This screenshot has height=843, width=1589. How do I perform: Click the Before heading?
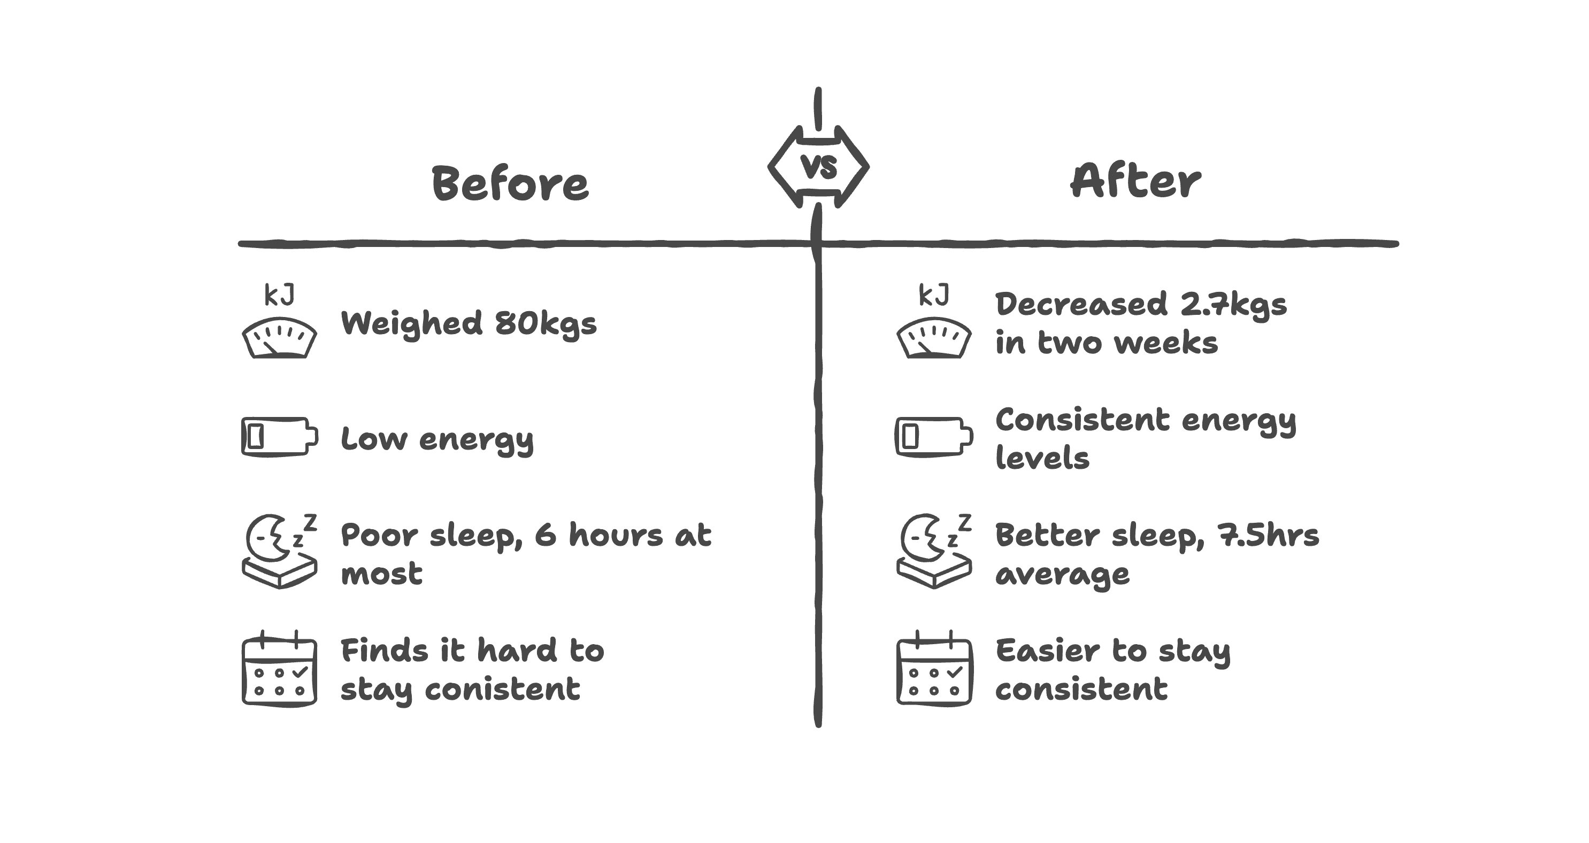pos(510,183)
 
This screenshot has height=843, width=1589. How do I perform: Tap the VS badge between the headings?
pos(818,166)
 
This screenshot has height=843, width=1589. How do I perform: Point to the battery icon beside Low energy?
pos(279,437)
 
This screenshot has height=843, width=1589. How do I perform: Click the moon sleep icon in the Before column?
pos(279,551)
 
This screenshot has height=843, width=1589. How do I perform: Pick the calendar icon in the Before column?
pos(279,669)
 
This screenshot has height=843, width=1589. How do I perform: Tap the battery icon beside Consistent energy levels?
pos(934,437)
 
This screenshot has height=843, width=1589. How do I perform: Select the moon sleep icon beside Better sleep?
pos(934,551)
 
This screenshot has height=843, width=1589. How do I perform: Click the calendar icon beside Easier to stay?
pos(934,669)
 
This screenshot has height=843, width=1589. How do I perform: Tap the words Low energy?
pos(437,440)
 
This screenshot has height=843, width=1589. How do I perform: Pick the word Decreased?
pos(1081,305)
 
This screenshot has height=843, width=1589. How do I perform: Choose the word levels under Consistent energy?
pos(1042,458)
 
